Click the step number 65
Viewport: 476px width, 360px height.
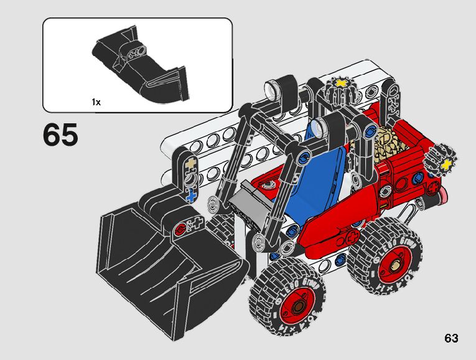point(61,135)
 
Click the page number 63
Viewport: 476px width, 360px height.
point(451,338)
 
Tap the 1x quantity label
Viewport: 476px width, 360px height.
point(96,102)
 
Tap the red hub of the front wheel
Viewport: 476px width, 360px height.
point(298,306)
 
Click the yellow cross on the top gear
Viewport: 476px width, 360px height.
point(340,83)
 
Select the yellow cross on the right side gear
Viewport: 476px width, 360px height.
point(446,164)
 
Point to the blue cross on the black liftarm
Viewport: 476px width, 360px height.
point(191,196)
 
